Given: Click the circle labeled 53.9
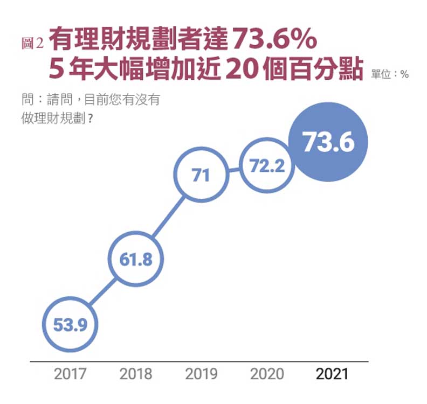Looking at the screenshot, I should pos(70,324).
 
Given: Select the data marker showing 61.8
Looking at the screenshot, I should pos(136,259).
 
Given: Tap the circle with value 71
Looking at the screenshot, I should pos(201,175).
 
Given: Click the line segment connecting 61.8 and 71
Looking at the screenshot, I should pos(168,218).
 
